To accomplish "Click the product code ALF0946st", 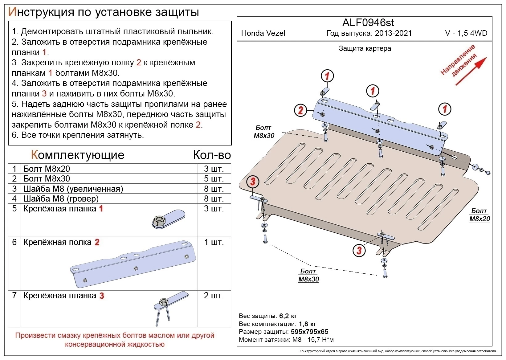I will [368, 22].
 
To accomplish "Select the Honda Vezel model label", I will [263, 33].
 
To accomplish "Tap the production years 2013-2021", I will [393, 33].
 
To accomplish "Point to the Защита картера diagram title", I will [365, 48].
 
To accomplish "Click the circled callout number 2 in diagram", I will [300, 110].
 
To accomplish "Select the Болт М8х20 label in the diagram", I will [479, 215].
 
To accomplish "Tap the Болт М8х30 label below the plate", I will [308, 275].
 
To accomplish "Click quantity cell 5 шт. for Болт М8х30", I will [214, 179].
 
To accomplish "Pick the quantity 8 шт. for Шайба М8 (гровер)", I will [214, 198].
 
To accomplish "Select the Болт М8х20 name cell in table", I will [47, 169].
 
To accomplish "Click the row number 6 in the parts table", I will [14, 242].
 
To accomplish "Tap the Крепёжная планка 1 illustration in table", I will [169, 219].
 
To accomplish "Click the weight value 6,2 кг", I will [288, 316].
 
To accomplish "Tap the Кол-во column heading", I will [212, 155].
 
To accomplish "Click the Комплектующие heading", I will [78, 155].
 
